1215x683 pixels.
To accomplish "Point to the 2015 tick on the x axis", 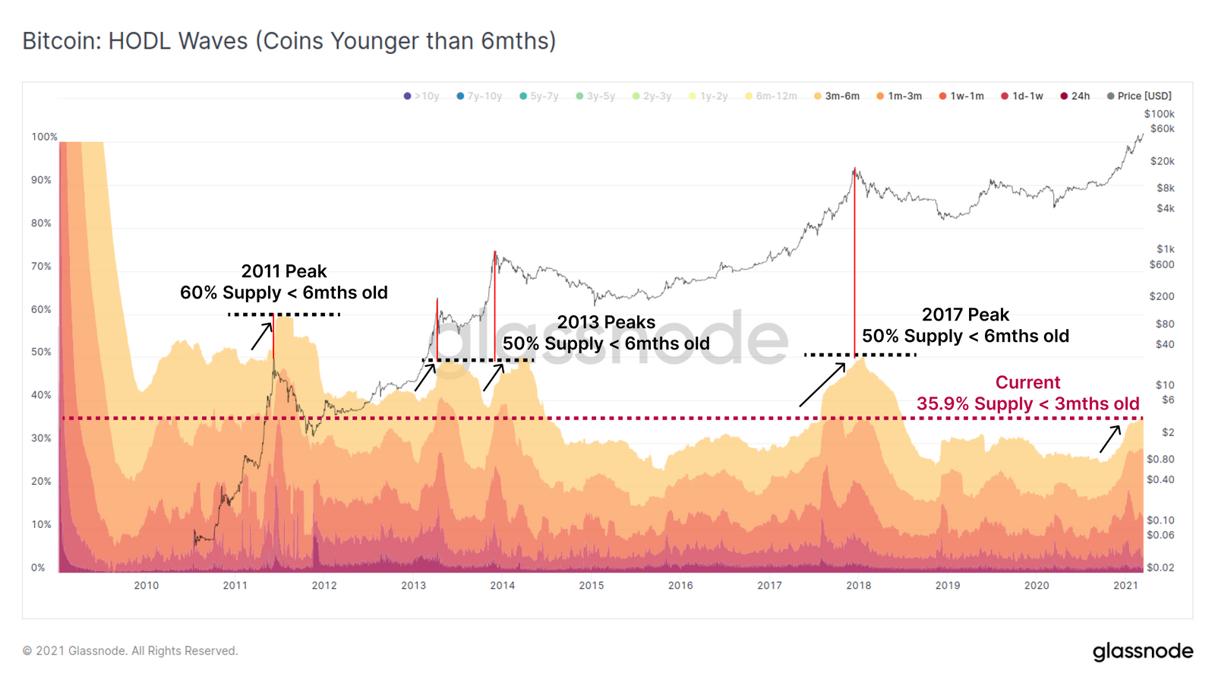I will pos(592,586).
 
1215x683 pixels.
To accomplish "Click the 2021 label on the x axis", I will pos(1125,586).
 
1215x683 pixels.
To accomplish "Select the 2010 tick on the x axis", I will pos(147,586).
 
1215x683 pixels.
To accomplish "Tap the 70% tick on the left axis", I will pos(41,267).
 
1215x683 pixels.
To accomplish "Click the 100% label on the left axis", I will pos(44,138).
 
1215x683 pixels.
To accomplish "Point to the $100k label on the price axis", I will pos(1160,114).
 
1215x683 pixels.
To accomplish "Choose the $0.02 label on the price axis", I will pos(1160,568).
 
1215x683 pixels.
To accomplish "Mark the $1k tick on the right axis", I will pos(1166,249).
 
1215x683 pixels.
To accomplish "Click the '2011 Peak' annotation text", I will pos(284,271).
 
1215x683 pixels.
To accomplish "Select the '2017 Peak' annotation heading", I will pos(965,315).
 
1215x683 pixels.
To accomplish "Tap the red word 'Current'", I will pos(1027,383).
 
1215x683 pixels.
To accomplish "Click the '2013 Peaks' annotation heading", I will pos(606,322).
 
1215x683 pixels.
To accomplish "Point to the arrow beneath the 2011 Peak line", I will pos(262,337).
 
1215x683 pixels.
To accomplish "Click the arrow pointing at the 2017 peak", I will pos(822,384).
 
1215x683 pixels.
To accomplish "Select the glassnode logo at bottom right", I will pos(1143,652).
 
